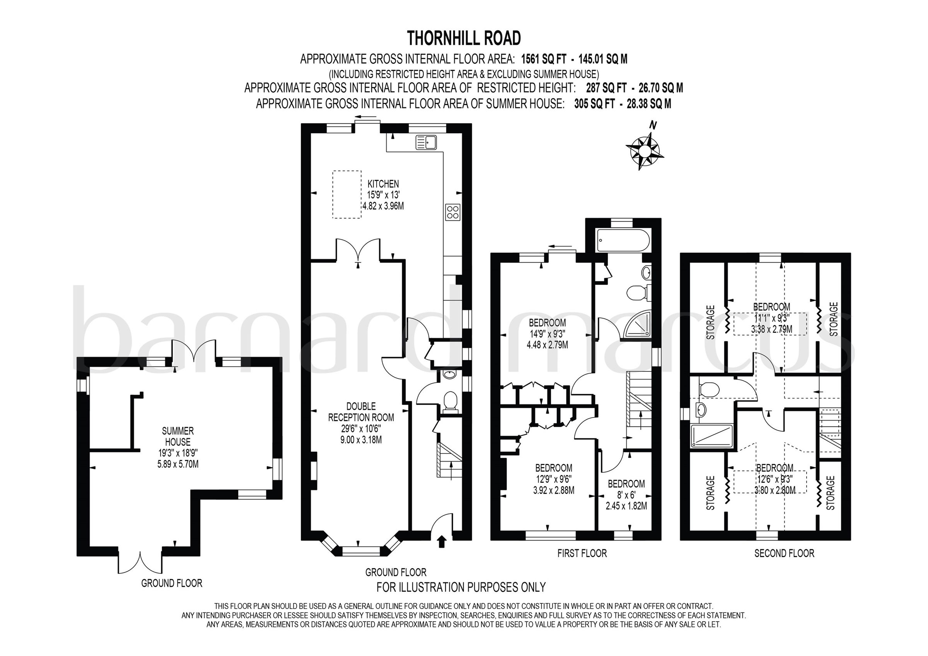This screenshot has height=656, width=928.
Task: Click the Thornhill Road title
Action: point(464,38)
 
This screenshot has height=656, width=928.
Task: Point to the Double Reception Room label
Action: point(361,411)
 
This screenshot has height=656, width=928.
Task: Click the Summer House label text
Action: point(177,436)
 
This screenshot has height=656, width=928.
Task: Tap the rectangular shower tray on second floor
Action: point(711,436)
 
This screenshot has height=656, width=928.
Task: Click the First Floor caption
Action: point(582,553)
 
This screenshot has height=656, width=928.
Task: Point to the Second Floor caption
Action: point(784,553)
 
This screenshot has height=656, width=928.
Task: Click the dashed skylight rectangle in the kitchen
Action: point(347,194)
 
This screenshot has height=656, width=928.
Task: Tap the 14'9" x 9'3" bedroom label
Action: point(547,334)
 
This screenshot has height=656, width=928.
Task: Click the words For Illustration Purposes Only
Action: point(461,587)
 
